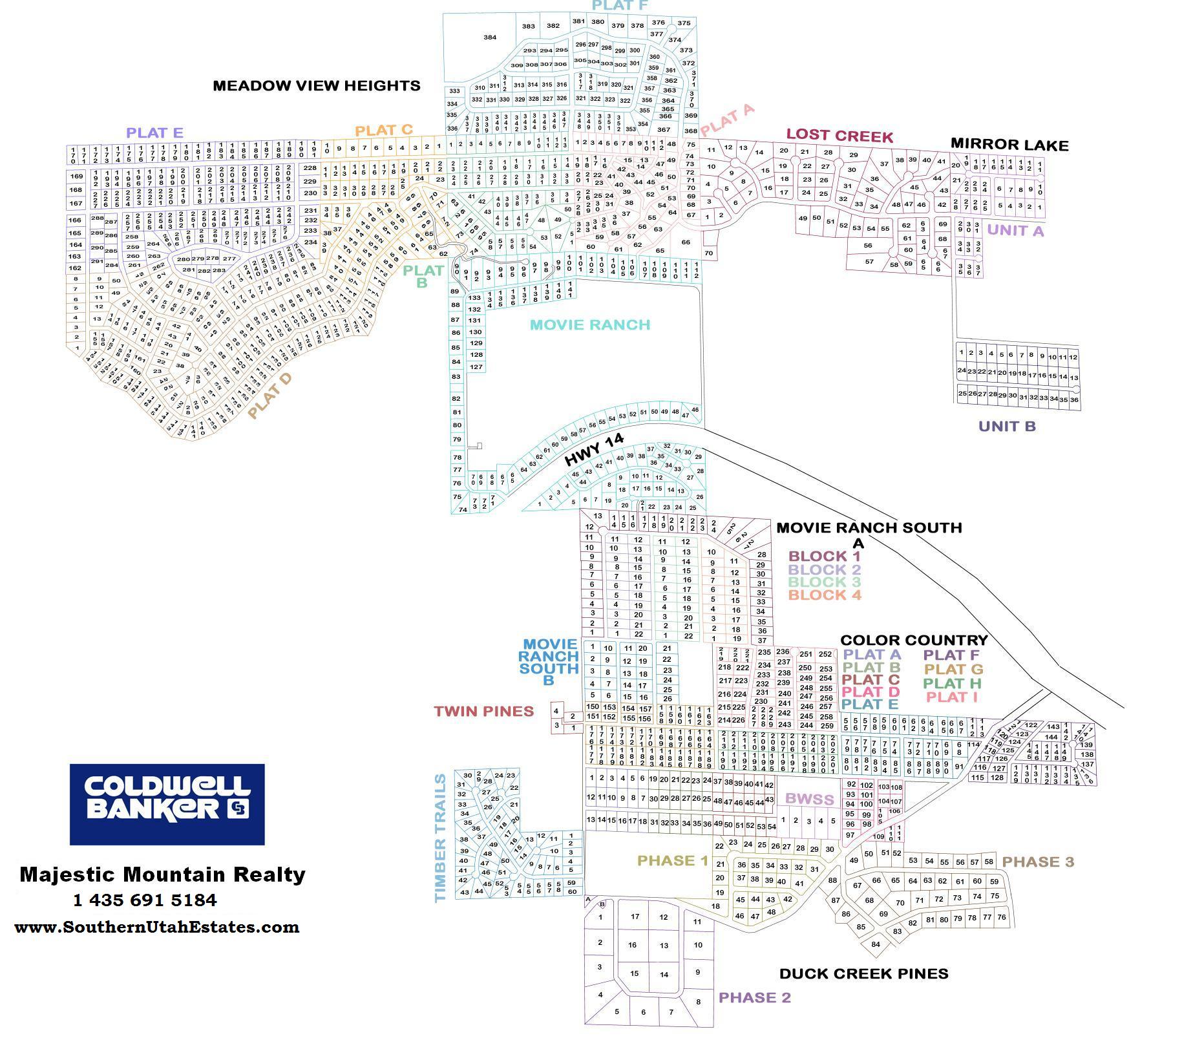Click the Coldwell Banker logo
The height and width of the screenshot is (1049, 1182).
pyautogui.click(x=167, y=804)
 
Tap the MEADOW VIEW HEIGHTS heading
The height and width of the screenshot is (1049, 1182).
pyautogui.click(x=317, y=85)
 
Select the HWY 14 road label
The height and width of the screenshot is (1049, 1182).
pyautogui.click(x=594, y=450)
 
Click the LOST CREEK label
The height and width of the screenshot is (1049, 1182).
pyautogui.click(x=839, y=136)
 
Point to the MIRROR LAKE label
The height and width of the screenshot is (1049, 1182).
pyautogui.click(x=1009, y=145)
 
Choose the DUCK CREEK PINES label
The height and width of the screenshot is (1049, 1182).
pyautogui.click(x=863, y=973)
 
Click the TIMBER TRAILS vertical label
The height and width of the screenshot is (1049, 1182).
pyautogui.click(x=441, y=838)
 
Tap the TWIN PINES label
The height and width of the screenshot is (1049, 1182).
pyautogui.click(x=484, y=712)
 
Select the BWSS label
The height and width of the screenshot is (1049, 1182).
pyautogui.click(x=809, y=799)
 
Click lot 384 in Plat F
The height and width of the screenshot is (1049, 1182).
pyautogui.click(x=490, y=37)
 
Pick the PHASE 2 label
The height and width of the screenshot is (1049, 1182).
pyautogui.click(x=755, y=997)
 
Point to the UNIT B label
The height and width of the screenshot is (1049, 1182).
pyautogui.click(x=1007, y=426)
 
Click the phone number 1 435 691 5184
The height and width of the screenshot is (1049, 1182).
pyautogui.click(x=145, y=900)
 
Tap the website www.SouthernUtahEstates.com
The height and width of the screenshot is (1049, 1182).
pyautogui.click(x=157, y=927)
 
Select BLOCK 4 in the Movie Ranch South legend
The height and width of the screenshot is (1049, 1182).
pyautogui.click(x=825, y=595)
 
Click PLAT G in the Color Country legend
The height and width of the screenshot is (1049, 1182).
pyautogui.click(x=953, y=669)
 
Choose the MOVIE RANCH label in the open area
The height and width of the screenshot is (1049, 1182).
pyautogui.click(x=590, y=324)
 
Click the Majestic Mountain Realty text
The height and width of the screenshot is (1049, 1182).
pyautogui.click(x=162, y=874)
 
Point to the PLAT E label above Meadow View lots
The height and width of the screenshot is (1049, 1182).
pyautogui.click(x=155, y=132)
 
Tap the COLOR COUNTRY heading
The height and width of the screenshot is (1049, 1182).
pyautogui.click(x=914, y=640)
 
